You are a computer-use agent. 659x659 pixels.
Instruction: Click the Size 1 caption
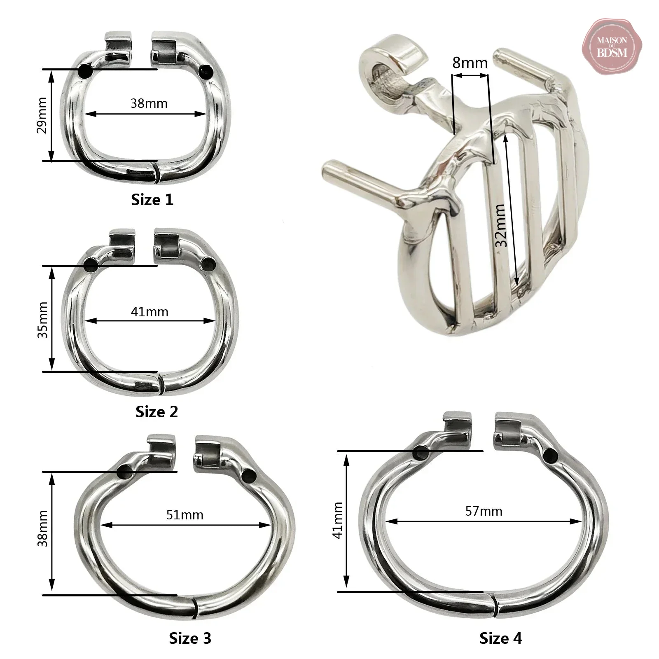coord(152,200)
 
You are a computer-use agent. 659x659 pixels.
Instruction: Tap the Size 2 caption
coord(157,411)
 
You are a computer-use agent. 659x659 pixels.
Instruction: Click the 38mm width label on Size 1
coord(149,103)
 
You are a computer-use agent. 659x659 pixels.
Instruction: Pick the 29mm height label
coord(42,115)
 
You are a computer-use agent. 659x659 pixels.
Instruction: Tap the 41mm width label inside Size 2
coord(150,312)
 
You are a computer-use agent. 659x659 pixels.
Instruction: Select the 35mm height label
coord(42,320)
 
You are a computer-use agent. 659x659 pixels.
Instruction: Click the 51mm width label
coord(185,515)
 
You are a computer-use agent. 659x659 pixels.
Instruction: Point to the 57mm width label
coord(484,511)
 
